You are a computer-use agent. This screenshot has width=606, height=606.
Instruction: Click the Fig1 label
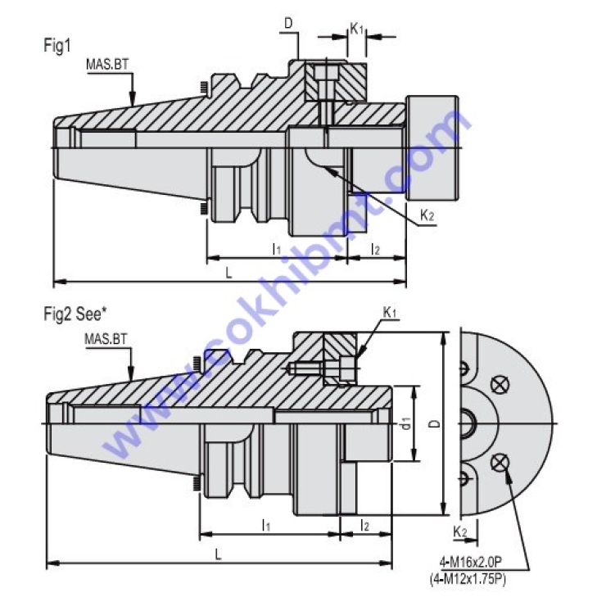[57, 46]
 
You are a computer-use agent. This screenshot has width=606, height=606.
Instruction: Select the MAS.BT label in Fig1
[107, 65]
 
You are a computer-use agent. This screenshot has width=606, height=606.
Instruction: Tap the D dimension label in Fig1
[289, 25]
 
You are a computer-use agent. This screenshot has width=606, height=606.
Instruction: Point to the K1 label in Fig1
[356, 28]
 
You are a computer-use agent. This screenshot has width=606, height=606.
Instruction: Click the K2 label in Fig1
[427, 215]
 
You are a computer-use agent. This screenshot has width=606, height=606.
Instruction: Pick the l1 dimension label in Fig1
[276, 247]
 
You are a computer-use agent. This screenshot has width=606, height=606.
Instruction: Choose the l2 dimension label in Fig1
[375, 247]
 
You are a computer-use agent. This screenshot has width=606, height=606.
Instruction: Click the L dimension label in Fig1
[228, 274]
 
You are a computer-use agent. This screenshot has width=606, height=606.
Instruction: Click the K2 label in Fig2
[460, 532]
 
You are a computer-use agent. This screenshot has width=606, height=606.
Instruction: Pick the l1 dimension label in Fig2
[266, 526]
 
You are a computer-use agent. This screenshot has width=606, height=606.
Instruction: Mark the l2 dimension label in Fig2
[364, 526]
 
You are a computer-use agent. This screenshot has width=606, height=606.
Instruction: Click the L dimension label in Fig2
[218, 554]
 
